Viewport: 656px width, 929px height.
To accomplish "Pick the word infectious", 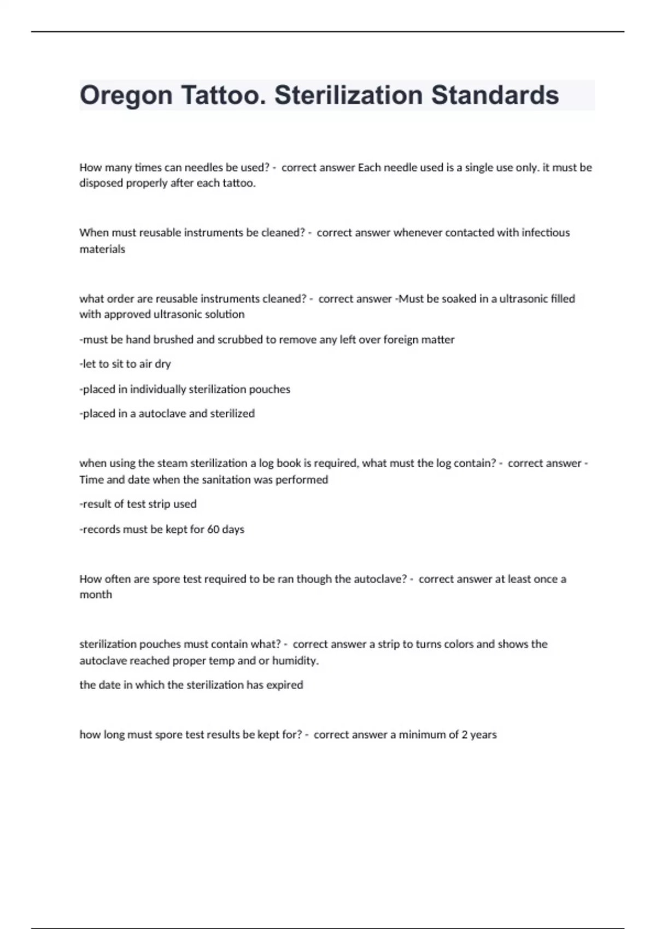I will (546, 233).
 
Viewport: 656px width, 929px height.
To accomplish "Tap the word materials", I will (102, 249).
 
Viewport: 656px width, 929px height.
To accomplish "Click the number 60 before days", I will (213, 530).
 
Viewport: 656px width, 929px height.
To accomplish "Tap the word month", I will (96, 595).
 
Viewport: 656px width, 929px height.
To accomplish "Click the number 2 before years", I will (464, 735).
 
